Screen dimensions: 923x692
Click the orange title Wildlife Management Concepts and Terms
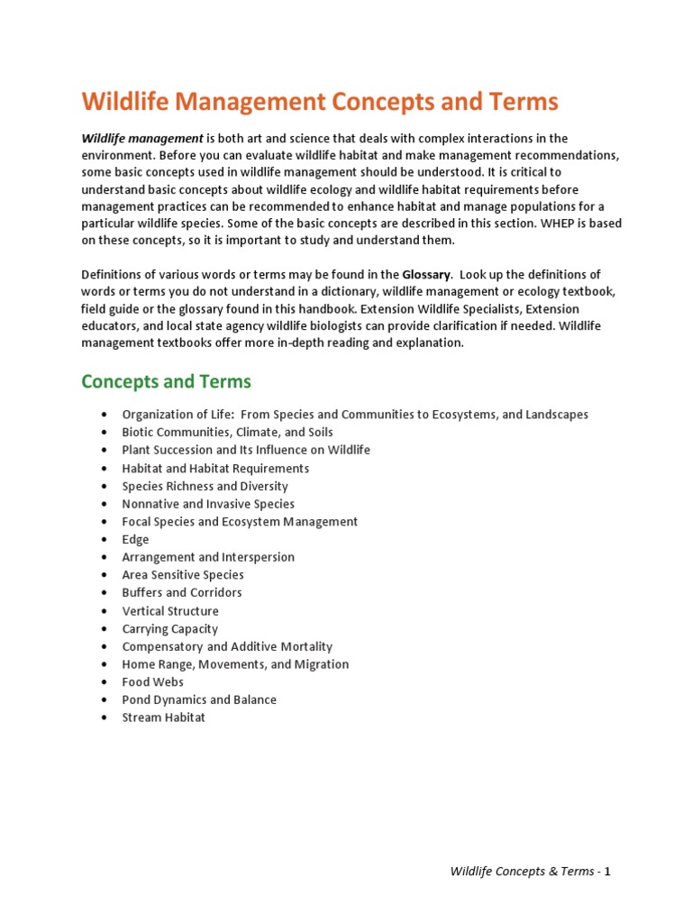pos(320,102)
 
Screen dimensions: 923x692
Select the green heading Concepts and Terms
pos(166,381)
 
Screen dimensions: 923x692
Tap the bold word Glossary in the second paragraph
pos(427,274)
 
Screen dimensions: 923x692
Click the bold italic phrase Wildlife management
pos(142,138)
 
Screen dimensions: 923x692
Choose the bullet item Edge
pos(136,539)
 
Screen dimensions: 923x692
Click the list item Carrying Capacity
pos(169,628)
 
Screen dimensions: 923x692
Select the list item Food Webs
pos(152,681)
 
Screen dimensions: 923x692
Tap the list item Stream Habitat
pos(163,717)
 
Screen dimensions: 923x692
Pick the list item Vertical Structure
pos(170,610)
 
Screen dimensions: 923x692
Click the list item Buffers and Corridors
pos(182,592)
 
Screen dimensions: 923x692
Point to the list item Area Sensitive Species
pos(183,574)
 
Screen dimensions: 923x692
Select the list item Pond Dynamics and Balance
pos(199,699)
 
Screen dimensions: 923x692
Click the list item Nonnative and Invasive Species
pos(208,504)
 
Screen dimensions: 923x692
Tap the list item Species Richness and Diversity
pos(205,486)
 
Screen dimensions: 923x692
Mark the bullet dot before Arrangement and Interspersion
pos(105,557)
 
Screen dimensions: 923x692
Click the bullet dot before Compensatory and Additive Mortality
pos(105,646)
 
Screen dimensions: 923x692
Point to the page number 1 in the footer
pos(607,872)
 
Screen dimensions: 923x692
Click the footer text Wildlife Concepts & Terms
pos(522,872)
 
